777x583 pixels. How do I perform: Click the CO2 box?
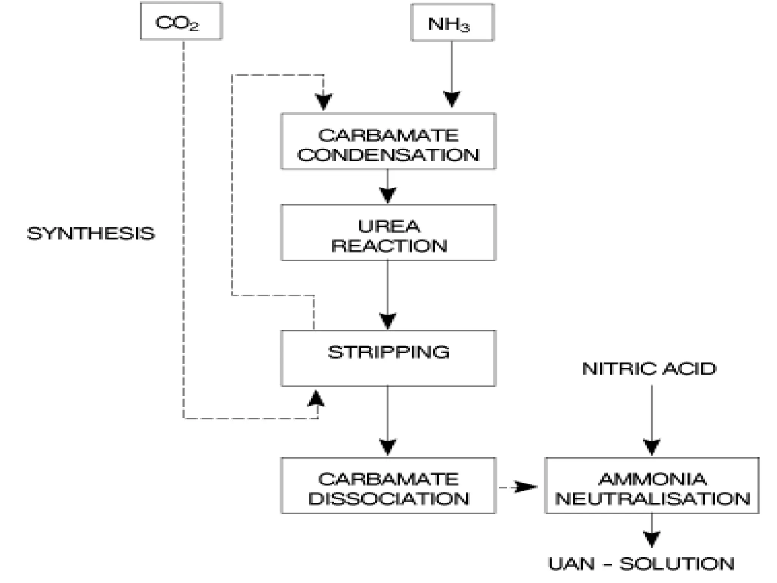tap(181, 21)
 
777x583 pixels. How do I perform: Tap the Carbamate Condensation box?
tap(388, 142)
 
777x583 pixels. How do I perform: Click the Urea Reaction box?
tap(388, 233)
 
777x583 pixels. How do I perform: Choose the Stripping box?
tap(388, 358)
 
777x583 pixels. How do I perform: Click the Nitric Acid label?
tap(649, 369)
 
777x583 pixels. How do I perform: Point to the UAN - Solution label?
tap(641, 564)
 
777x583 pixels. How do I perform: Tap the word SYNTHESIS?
tap(91, 233)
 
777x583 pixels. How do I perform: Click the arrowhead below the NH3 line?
tap(451, 99)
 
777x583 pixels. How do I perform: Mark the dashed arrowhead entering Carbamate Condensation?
tap(324, 101)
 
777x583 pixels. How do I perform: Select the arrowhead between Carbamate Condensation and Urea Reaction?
tap(387, 195)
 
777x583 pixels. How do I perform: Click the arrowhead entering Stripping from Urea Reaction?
tap(387, 321)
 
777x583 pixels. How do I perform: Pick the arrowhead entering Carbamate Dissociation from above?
tap(387, 447)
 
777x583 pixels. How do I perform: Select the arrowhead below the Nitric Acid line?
tap(651, 447)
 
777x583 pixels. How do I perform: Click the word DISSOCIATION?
tap(388, 499)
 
